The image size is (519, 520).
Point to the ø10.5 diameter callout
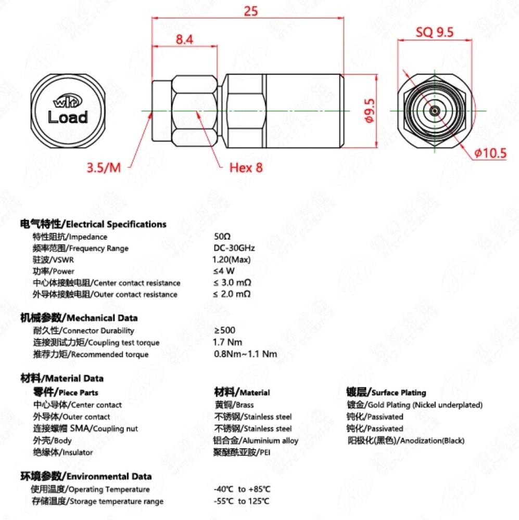(x=490, y=153)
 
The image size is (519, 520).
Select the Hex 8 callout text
(x=246, y=167)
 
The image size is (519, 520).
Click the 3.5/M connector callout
(x=104, y=167)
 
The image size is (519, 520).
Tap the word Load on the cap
(x=68, y=117)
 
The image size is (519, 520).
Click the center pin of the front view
(x=434, y=111)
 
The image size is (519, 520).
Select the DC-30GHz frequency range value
(x=234, y=248)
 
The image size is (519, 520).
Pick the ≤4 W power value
(x=224, y=271)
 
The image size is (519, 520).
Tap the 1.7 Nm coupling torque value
(x=227, y=342)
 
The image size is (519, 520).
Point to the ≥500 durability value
(x=224, y=330)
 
